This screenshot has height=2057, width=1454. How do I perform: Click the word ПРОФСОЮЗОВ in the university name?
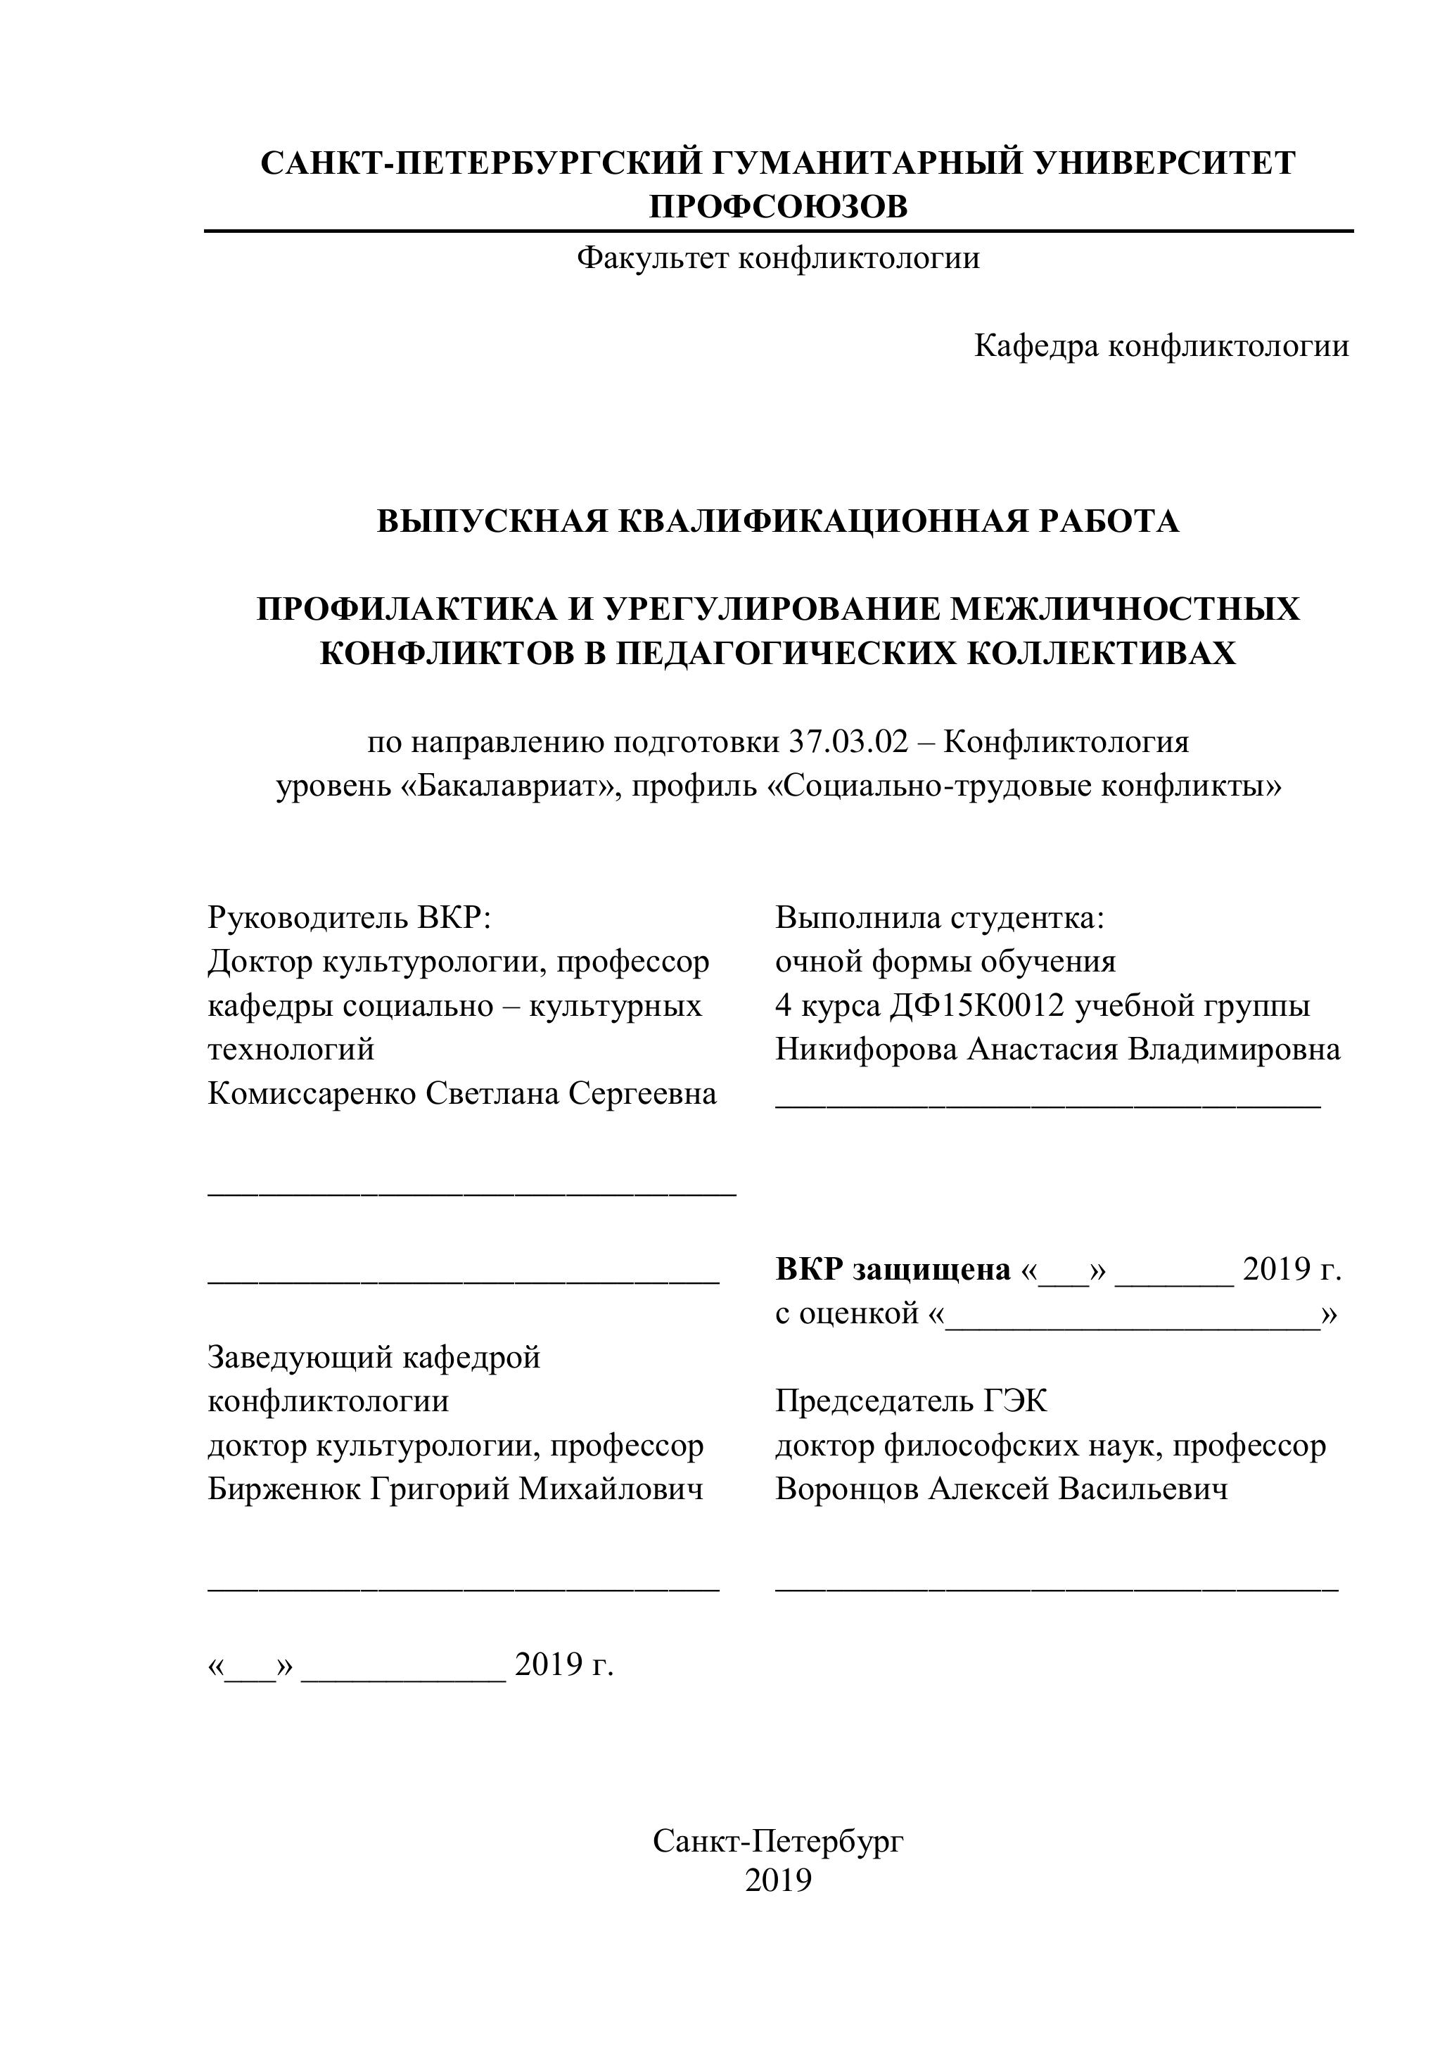point(777,207)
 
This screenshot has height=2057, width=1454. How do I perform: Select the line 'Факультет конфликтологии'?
point(777,258)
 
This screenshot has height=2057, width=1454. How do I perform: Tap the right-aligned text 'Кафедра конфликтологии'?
point(1161,346)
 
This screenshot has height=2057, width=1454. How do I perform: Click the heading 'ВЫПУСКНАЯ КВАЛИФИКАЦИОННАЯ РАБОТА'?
point(777,521)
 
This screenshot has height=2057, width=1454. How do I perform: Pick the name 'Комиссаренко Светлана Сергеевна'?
point(462,1093)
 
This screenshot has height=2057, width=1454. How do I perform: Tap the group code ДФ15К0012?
point(977,1005)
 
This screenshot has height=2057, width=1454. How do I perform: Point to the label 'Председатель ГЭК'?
point(911,1401)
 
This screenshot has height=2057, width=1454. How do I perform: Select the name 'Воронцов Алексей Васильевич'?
point(1002,1488)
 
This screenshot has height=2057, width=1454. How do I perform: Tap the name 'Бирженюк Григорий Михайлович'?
point(455,1488)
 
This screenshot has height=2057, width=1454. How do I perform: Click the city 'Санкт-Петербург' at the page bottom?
point(777,1840)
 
